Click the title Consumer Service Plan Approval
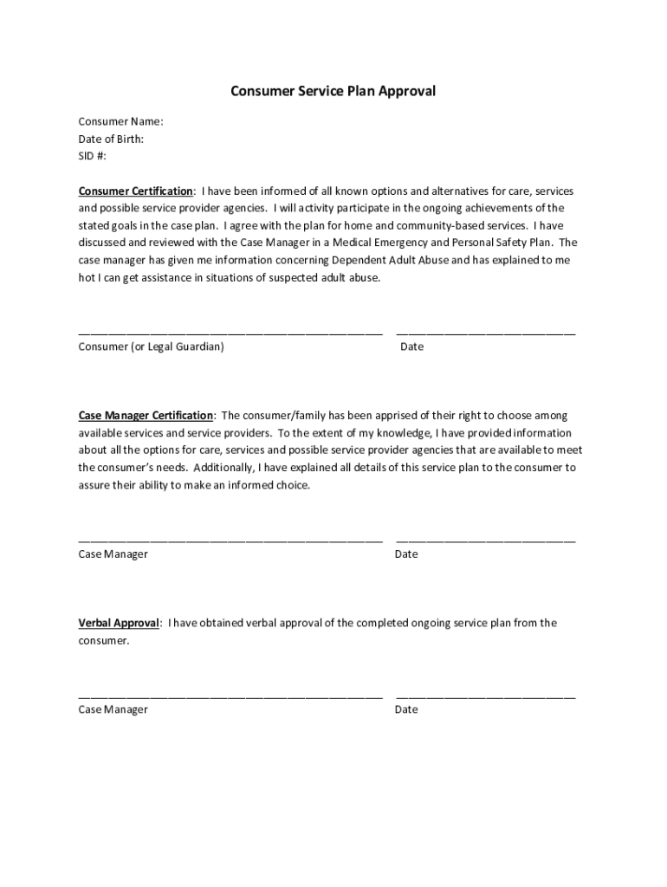coord(333,91)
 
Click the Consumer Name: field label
coord(121,121)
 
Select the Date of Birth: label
coord(111,139)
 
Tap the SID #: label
coord(93,156)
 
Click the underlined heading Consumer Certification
coord(136,191)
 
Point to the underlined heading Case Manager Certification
coord(146,416)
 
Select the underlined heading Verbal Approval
coord(119,623)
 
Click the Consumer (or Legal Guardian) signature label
coord(152,346)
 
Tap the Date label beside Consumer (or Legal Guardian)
coord(412,346)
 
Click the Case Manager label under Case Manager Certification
coord(113,554)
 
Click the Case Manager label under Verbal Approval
coord(113,709)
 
